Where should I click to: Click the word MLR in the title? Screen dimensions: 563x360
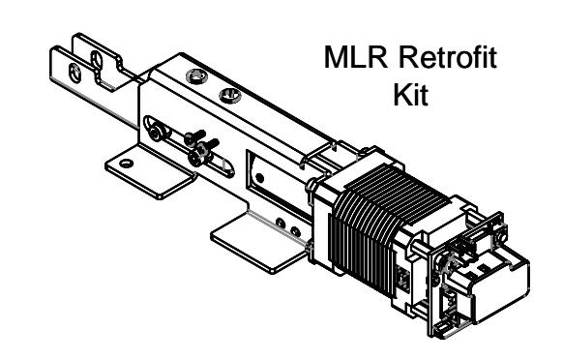(356, 57)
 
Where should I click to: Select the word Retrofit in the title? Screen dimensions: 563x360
(448, 57)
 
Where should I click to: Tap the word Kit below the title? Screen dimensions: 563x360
(411, 94)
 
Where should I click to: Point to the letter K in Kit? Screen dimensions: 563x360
(402, 95)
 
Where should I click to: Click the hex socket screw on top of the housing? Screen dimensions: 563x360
(196, 76)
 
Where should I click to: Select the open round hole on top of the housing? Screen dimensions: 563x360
(230, 95)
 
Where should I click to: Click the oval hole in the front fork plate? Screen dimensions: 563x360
(75, 73)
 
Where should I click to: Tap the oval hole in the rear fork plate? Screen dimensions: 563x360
(96, 61)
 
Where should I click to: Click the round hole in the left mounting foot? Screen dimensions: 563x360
(126, 164)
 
